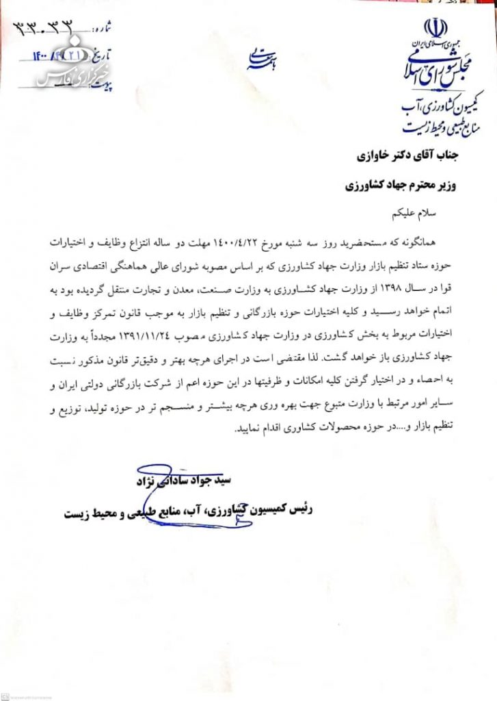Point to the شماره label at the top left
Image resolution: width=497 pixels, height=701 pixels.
tap(100, 28)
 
